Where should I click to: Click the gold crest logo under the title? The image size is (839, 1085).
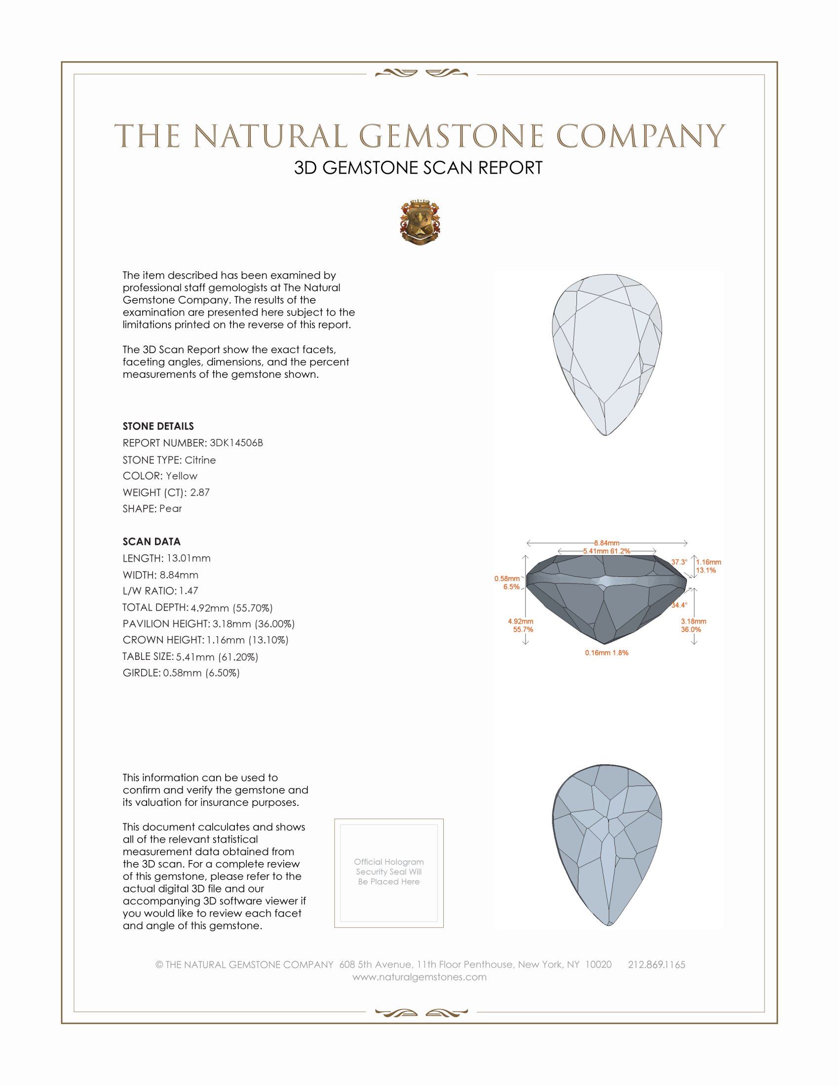click(x=419, y=222)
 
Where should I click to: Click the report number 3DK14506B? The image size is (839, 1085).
click(x=236, y=443)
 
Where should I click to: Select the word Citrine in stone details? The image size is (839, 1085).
click(x=200, y=460)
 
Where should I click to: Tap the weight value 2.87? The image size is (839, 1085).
click(x=200, y=492)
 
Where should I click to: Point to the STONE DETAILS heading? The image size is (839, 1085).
click(x=158, y=426)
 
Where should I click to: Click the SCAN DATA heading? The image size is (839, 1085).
click(x=152, y=542)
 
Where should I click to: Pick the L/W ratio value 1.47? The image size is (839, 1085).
click(x=189, y=591)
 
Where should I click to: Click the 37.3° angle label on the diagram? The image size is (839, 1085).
click(x=679, y=562)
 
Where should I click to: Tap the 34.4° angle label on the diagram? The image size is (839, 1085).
click(x=679, y=605)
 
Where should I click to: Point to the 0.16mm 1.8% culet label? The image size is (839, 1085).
click(x=607, y=653)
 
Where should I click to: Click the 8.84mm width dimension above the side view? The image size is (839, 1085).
click(x=607, y=543)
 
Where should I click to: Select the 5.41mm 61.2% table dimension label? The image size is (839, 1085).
click(x=607, y=551)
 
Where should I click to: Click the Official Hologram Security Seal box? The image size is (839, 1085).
click(x=389, y=873)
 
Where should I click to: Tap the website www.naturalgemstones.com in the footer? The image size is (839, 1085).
click(x=419, y=977)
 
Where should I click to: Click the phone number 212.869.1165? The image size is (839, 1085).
click(x=656, y=965)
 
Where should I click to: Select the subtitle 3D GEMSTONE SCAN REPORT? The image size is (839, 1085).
click(x=418, y=168)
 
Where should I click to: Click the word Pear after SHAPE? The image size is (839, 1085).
click(x=170, y=509)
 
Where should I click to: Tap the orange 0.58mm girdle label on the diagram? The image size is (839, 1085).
click(x=506, y=579)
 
